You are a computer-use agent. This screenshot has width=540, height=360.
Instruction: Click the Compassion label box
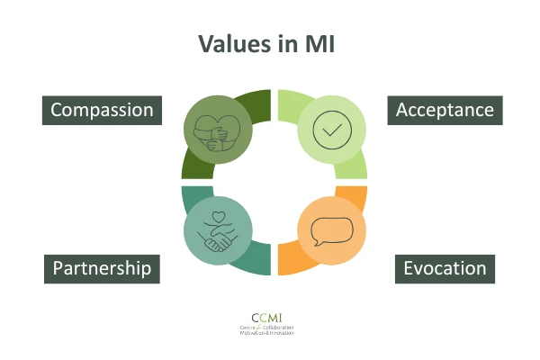(102, 111)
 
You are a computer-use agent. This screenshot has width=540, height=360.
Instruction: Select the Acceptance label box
(445, 110)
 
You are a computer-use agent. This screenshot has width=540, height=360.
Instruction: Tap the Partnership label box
(101, 268)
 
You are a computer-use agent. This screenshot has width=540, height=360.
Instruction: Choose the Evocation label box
(445, 268)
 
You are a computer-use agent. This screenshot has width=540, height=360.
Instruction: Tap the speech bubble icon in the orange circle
(330, 232)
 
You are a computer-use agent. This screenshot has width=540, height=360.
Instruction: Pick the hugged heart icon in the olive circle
(216, 128)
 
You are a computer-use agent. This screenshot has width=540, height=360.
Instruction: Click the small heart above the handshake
(216, 218)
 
